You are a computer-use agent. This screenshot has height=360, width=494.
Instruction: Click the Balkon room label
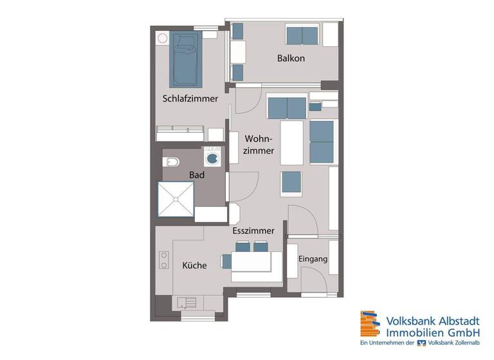(291, 59)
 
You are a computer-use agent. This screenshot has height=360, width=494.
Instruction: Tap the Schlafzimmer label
(190, 99)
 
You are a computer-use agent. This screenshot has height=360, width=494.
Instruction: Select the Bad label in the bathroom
(196, 174)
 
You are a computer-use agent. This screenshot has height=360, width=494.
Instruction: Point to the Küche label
(194, 265)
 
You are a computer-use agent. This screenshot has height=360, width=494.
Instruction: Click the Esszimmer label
(253, 230)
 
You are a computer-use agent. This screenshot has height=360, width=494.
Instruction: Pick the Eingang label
(313, 259)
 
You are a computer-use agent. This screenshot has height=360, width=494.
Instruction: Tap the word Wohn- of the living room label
(259, 139)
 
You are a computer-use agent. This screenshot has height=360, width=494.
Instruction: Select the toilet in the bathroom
(171, 160)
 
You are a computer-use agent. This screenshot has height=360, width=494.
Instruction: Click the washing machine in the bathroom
(213, 156)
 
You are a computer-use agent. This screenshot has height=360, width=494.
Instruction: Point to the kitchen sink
(188, 301)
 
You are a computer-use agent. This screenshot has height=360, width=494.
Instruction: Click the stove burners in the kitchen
(163, 258)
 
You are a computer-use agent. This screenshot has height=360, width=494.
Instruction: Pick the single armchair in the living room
(290, 184)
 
